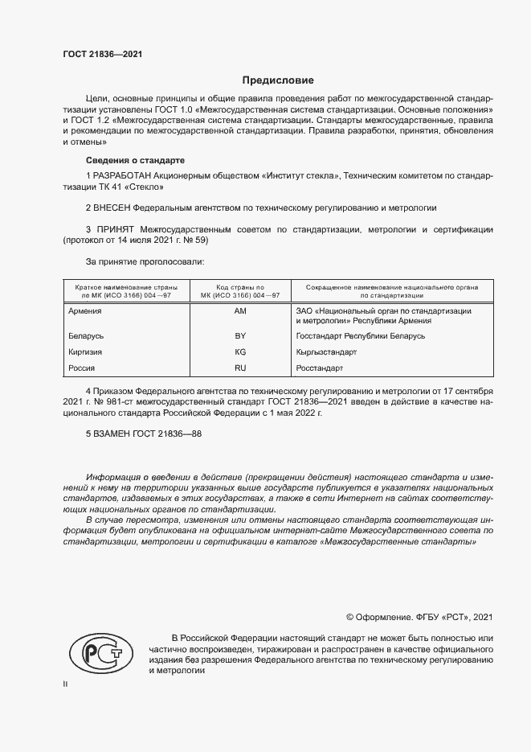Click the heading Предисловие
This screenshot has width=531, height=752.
click(279, 80)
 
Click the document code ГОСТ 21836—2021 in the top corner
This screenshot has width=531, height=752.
click(102, 54)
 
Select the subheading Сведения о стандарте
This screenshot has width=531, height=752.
click(135, 160)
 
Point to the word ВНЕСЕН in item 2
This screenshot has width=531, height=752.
click(117, 207)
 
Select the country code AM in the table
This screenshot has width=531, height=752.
click(239, 310)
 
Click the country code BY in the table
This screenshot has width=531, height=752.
click(239, 335)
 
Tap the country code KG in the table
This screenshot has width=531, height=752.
click(239, 351)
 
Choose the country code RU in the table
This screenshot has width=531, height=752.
click(239, 368)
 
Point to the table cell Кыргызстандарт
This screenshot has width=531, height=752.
click(326, 351)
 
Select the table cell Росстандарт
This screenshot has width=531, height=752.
click(320, 368)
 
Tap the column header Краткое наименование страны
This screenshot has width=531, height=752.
click(125, 286)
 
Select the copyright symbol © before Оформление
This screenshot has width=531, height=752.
click(350, 617)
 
